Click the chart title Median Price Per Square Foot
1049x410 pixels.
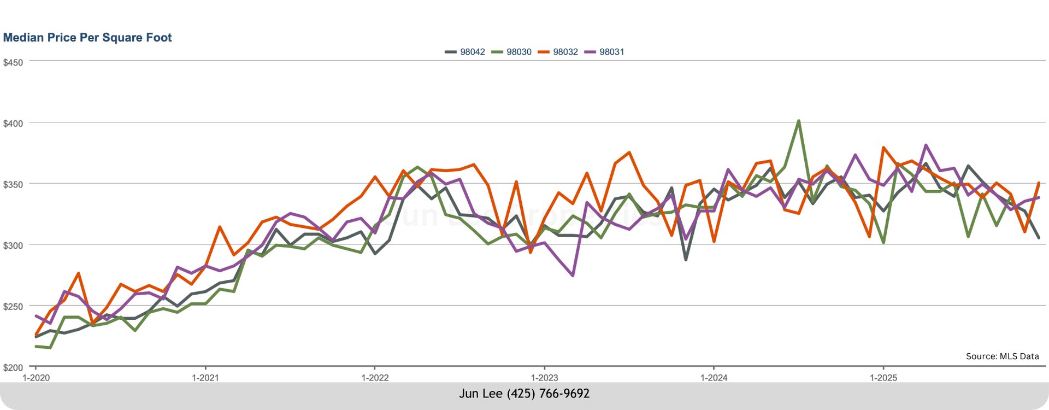click(87, 38)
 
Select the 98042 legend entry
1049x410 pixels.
click(465, 52)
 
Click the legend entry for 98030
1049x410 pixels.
click(512, 52)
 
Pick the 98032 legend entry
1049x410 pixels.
click(558, 52)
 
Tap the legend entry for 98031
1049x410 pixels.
click(605, 52)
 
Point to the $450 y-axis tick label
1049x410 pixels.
click(13, 63)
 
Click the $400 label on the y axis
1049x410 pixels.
click(13, 124)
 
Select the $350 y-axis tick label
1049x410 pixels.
click(13, 185)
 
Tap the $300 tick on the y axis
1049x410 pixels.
click(13, 245)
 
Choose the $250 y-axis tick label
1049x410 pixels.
click(13, 307)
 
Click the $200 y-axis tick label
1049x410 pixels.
click(13, 367)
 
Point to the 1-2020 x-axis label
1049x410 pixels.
click(36, 378)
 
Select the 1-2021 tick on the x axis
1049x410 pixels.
click(205, 378)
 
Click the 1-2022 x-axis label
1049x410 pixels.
click(375, 378)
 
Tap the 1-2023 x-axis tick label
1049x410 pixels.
click(544, 378)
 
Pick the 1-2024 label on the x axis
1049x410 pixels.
click(714, 378)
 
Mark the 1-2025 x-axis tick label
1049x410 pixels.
click(883, 378)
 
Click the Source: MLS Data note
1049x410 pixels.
click(1002, 356)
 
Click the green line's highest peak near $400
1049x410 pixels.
click(798, 121)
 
